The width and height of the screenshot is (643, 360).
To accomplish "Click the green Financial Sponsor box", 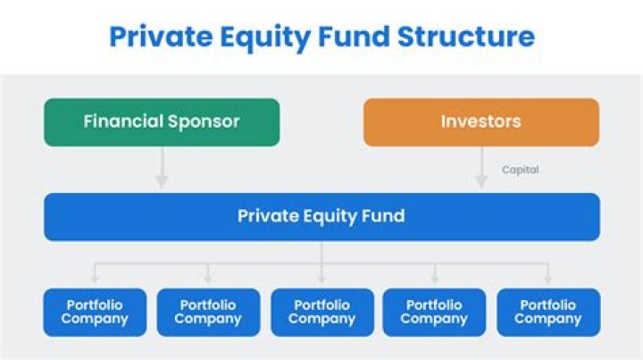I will pyautogui.click(x=162, y=121).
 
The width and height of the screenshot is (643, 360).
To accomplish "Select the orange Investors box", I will pyautogui.click(x=480, y=121).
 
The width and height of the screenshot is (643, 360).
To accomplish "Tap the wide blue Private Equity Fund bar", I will pyautogui.click(x=321, y=216).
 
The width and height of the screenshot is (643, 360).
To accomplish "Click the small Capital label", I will pyautogui.click(x=520, y=169).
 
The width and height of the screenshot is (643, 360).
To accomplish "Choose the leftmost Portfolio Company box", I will pyautogui.click(x=95, y=312).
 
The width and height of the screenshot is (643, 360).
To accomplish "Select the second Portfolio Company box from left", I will pyautogui.click(x=208, y=312).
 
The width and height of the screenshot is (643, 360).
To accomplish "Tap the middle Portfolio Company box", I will pyautogui.click(x=321, y=312).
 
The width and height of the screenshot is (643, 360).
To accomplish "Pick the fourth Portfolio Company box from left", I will pyautogui.click(x=435, y=312).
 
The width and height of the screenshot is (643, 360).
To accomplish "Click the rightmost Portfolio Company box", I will pyautogui.click(x=548, y=312).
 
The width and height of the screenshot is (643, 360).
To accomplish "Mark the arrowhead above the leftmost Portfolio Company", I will pyautogui.click(x=95, y=280).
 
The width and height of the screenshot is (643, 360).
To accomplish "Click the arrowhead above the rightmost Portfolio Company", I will pyautogui.click(x=548, y=280).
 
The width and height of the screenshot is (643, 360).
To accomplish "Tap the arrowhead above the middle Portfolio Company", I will pyautogui.click(x=321, y=280).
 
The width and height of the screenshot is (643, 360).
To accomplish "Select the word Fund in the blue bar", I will pyautogui.click(x=384, y=216).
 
